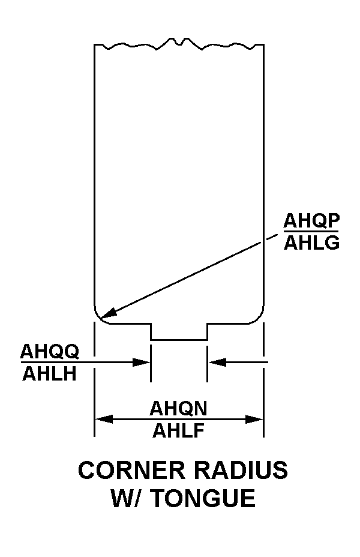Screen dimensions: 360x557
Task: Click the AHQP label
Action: coord(311,221)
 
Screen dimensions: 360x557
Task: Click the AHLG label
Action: coord(311,243)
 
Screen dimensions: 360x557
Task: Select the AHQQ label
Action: coord(50,352)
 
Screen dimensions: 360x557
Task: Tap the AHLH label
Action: coord(49,374)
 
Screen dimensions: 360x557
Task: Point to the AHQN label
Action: coord(178,409)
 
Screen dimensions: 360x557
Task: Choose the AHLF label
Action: coord(179,430)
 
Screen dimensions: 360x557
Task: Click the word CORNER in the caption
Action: coord(132,470)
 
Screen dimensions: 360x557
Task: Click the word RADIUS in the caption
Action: coord(241,470)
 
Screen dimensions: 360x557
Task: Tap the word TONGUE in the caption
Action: coord(204,498)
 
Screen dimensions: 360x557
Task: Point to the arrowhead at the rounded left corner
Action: coord(108,313)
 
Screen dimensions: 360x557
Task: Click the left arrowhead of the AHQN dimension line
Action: coord(104,419)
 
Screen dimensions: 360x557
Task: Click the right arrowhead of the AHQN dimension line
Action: coord(254,419)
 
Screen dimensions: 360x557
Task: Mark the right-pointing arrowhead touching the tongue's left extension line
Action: coord(142,363)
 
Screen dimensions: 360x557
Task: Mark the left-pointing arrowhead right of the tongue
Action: coord(217,363)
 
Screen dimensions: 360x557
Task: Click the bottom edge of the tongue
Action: coord(179,340)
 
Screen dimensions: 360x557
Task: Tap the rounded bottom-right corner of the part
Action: coord(259,318)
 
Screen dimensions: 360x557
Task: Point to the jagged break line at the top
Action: coord(179,44)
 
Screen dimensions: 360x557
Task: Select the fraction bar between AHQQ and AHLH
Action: coord(50,363)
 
